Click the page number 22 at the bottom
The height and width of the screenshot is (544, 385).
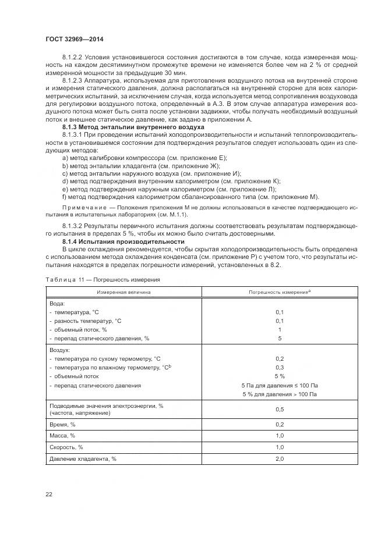[x=49, y=495]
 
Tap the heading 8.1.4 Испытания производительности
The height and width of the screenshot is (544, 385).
[x=123, y=241]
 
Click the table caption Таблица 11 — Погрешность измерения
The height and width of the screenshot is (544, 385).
[x=103, y=280]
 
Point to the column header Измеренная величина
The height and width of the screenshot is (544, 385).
[x=123, y=292]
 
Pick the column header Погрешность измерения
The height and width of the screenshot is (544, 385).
[x=278, y=292]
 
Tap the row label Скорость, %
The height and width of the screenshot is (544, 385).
[x=65, y=447]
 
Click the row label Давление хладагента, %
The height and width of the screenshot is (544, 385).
[x=83, y=459]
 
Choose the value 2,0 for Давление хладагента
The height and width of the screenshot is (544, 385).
[x=280, y=459]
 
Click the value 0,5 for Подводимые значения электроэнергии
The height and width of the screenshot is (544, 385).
[x=280, y=410]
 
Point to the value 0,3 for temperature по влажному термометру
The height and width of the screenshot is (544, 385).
[x=280, y=368]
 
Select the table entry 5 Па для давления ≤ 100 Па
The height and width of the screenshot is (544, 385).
[x=280, y=385]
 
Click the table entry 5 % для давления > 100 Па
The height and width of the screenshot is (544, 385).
[x=280, y=395]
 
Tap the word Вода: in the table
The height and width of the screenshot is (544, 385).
[x=57, y=303]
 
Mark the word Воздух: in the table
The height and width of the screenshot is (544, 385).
[x=60, y=350]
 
